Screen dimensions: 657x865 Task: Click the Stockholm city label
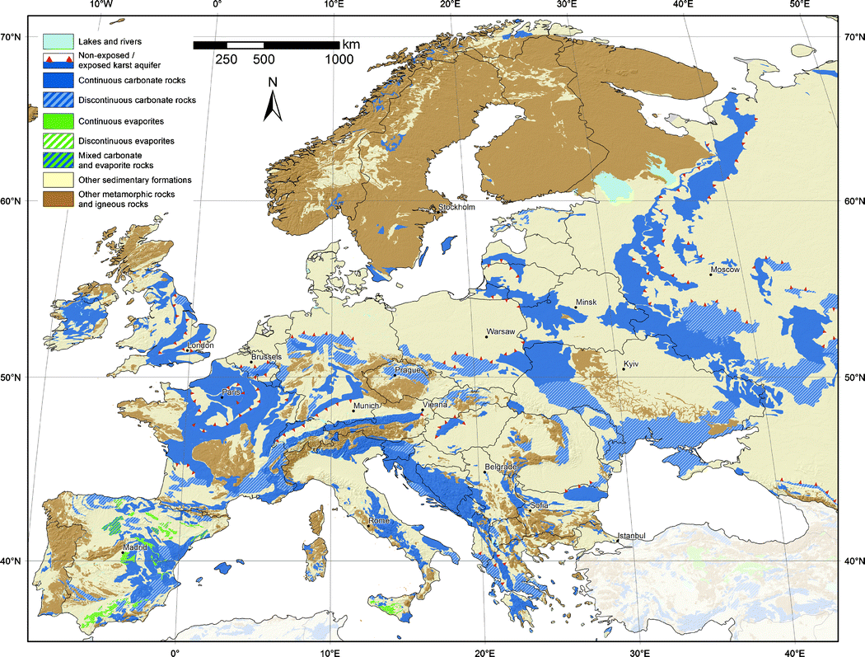point(457,207)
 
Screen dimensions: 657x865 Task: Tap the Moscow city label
point(725,270)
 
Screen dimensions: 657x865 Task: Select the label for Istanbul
point(637,536)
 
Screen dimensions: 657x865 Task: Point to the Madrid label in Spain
point(136,547)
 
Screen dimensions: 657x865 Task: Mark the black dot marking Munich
point(354,411)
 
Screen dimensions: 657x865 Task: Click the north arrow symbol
point(274,103)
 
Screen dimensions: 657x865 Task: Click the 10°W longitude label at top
point(100,5)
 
